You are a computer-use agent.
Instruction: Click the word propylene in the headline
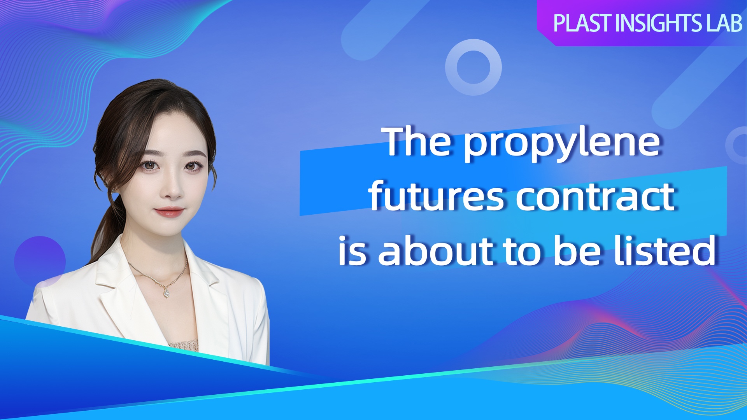(562, 145)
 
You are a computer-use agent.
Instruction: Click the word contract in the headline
(596, 197)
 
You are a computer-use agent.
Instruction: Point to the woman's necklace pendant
(167, 293)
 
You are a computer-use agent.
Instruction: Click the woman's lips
(169, 212)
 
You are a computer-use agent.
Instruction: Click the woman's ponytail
(106, 229)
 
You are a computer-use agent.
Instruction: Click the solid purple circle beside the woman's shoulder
(40, 261)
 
